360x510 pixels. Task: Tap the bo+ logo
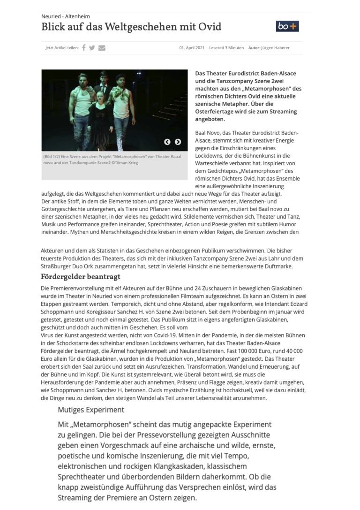(287, 26)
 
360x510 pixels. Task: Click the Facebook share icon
(84, 47)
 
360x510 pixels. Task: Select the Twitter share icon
(92, 47)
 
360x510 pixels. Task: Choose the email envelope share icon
(102, 47)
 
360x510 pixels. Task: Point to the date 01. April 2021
(192, 48)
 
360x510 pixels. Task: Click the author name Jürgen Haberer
(276, 48)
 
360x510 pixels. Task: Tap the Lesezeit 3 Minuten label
(226, 48)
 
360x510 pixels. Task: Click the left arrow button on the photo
(167, 142)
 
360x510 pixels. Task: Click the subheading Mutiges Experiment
(91, 410)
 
